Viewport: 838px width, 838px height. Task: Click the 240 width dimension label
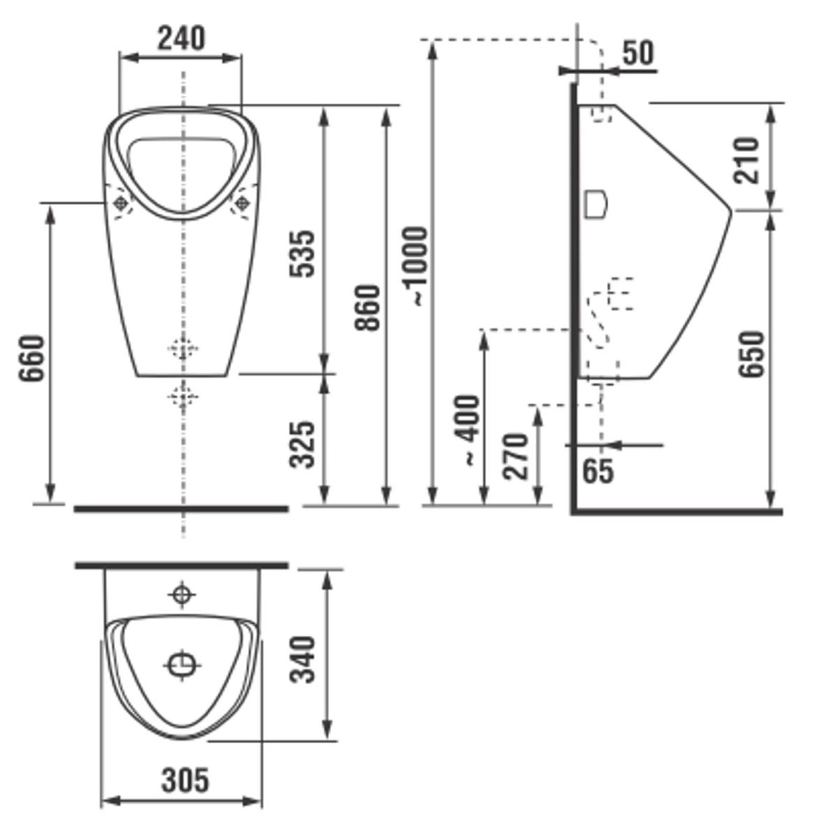180,38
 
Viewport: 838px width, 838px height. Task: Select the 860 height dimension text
368,307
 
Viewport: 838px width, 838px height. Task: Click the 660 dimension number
31,358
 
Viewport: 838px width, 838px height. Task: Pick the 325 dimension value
302,444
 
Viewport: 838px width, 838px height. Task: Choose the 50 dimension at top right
638,53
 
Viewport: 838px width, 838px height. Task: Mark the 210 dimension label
747,160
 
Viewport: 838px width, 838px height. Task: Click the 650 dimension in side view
751,353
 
